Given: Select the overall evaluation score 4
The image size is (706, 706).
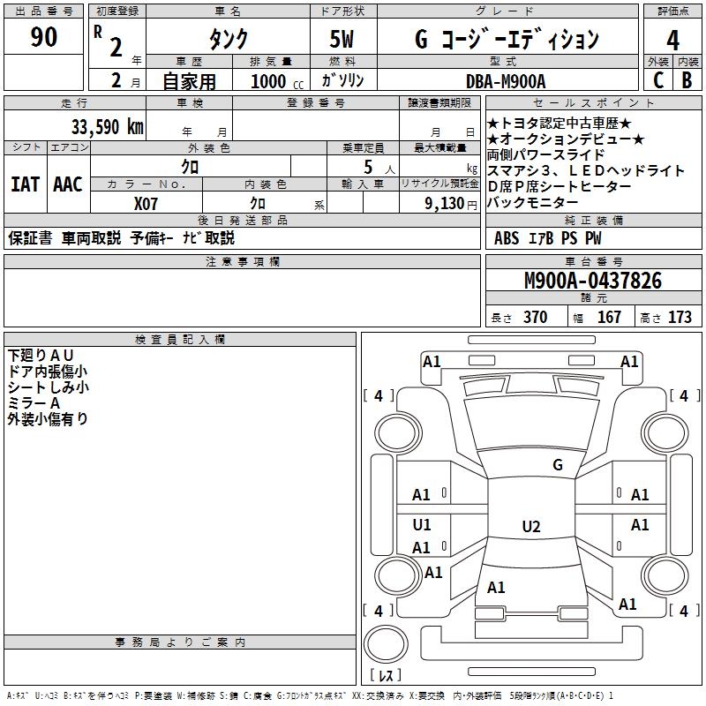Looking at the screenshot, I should click(x=672, y=40).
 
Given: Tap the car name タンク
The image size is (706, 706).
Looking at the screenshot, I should click(x=228, y=40).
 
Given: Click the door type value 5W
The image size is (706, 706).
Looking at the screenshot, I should click(x=343, y=40).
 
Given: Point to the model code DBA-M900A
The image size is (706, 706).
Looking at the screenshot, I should click(x=506, y=80).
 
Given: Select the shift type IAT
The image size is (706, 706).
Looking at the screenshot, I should click(x=25, y=184).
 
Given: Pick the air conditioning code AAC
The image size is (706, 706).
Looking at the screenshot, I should click(x=67, y=184).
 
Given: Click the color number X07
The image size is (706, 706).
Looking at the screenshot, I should click(x=146, y=203).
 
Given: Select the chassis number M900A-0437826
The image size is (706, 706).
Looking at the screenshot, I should click(x=592, y=281).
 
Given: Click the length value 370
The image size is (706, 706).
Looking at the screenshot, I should click(x=535, y=318).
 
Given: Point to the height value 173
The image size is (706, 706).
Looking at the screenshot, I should click(x=680, y=318).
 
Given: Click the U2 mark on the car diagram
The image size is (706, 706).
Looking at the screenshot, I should click(x=530, y=527).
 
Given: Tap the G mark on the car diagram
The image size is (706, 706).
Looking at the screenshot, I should click(x=557, y=465).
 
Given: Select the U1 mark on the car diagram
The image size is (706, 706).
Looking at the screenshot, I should click(x=422, y=525).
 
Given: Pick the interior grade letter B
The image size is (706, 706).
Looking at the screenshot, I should click(x=687, y=80).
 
